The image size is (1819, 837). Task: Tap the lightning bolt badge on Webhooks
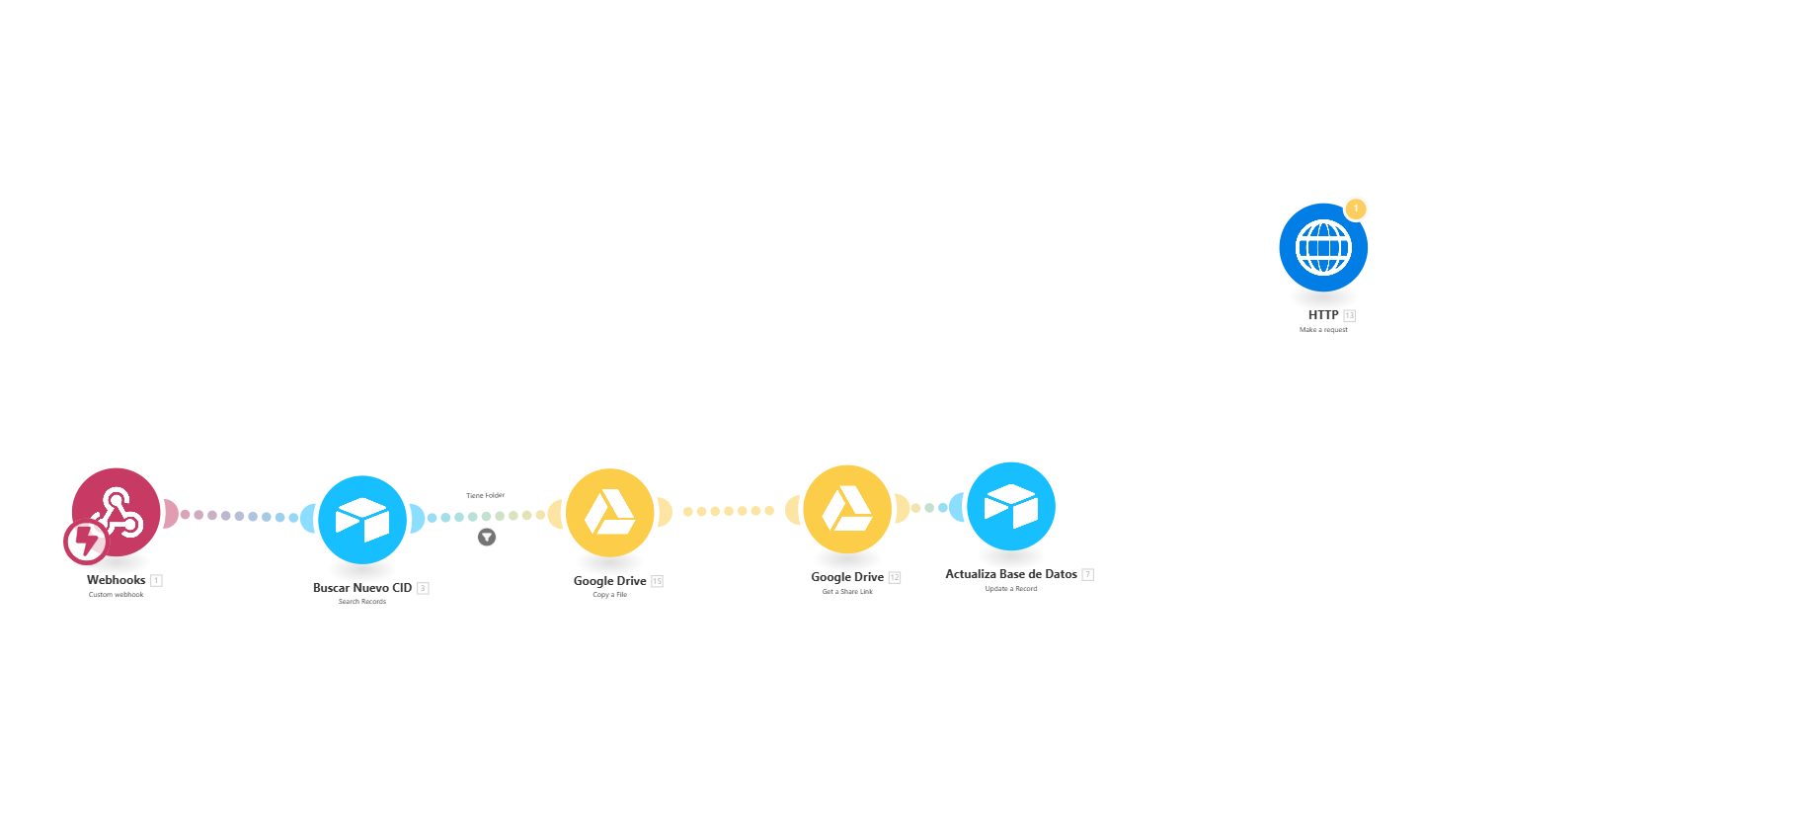pos(86,542)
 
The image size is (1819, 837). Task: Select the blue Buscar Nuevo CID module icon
pos(362,520)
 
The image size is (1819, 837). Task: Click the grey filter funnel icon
pos(487,538)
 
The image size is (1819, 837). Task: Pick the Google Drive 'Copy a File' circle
pos(609,513)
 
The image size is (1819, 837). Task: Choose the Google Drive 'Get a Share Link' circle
pos(847,509)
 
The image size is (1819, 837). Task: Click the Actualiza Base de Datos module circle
pos(1011,506)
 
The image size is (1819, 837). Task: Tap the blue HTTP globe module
pos(1323,247)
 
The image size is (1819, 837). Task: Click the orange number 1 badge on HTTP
pos(1356,209)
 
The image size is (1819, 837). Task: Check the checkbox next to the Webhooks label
pos(157,581)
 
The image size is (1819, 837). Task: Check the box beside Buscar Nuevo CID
pos(424,589)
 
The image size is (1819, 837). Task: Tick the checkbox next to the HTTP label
pos(1350,316)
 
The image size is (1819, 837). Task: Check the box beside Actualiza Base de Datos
pos(1088,575)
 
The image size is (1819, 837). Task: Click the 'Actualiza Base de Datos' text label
pos(1010,574)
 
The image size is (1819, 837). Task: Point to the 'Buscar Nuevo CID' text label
pos(361,588)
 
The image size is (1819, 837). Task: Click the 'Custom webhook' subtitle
pos(116,595)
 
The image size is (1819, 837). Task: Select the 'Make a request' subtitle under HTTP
pos(1323,330)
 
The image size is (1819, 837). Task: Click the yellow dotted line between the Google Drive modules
pos(729,511)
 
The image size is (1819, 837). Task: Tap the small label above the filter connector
pos(486,495)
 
